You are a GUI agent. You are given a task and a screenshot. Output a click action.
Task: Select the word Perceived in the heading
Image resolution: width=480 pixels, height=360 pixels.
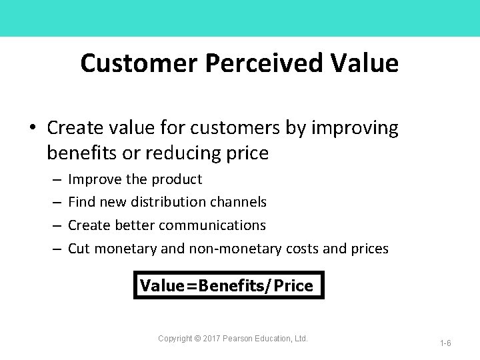click(265, 63)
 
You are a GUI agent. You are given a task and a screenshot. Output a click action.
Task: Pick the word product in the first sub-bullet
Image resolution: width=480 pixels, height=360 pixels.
click(177, 179)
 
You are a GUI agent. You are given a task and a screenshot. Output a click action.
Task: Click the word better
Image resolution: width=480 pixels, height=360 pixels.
click(137, 225)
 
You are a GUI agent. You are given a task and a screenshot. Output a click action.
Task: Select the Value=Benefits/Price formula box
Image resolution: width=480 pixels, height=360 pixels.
click(228, 285)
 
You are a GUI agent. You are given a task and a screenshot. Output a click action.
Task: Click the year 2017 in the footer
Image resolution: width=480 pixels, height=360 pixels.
click(212, 339)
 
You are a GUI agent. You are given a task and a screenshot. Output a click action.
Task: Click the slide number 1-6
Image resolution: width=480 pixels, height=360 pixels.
click(445, 343)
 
